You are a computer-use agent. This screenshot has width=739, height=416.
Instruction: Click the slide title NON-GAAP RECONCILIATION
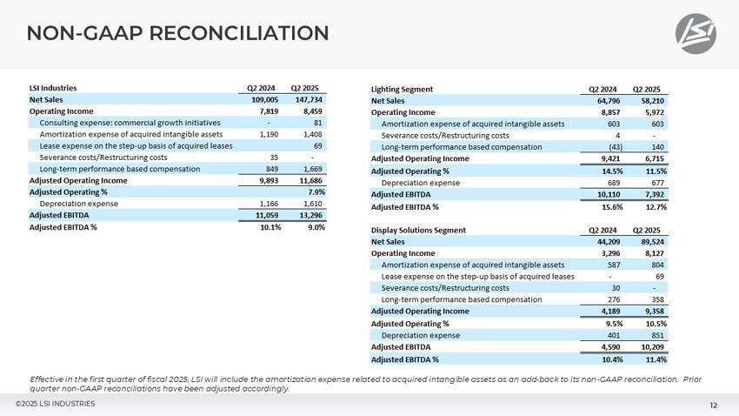click(177, 34)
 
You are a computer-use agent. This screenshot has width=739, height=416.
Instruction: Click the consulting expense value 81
click(318, 123)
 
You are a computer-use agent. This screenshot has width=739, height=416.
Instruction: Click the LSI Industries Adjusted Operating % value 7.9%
click(316, 191)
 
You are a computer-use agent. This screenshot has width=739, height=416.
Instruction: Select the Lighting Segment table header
click(402, 89)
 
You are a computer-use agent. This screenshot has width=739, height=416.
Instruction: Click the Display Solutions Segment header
click(418, 230)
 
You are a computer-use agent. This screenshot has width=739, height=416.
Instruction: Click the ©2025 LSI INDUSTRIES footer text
click(55, 404)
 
